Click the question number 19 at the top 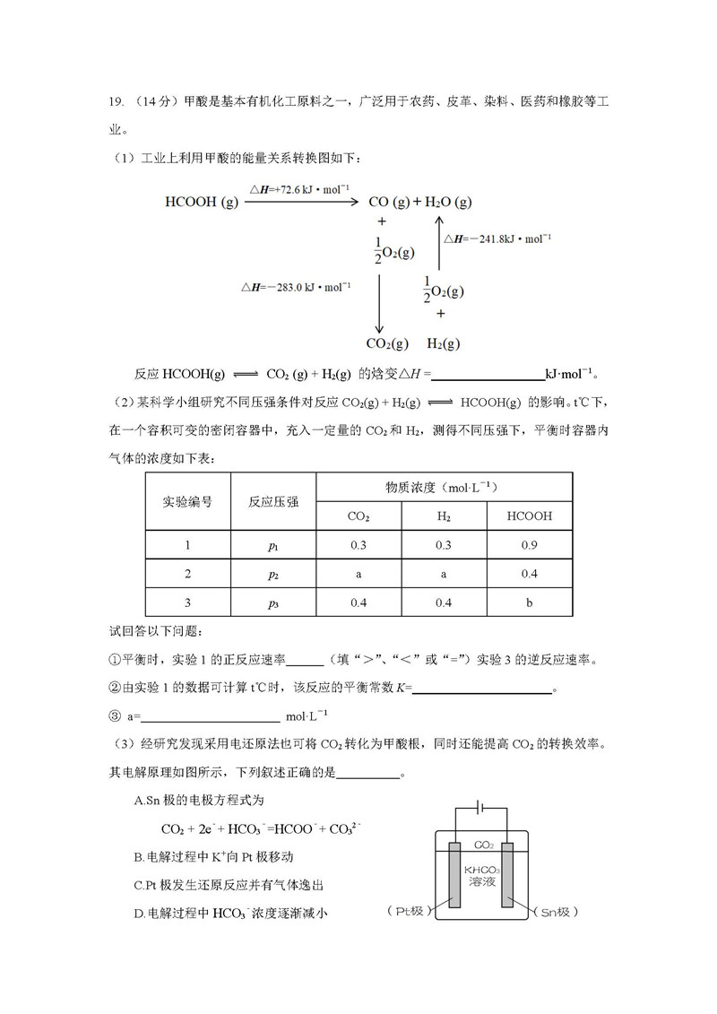(x=114, y=101)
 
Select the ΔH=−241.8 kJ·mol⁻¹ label (x=497, y=238)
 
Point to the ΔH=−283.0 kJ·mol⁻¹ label (x=295, y=287)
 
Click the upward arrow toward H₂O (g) (x=438, y=242)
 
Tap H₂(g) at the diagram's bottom (x=443, y=343)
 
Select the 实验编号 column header (x=186, y=501)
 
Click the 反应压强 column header (x=273, y=501)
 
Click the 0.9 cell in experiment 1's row (x=529, y=545)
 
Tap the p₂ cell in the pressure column (x=273, y=574)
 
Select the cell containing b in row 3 (x=529, y=602)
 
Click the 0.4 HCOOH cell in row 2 (x=529, y=574)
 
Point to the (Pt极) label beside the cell (x=410, y=912)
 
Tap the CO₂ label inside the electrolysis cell (x=484, y=845)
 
